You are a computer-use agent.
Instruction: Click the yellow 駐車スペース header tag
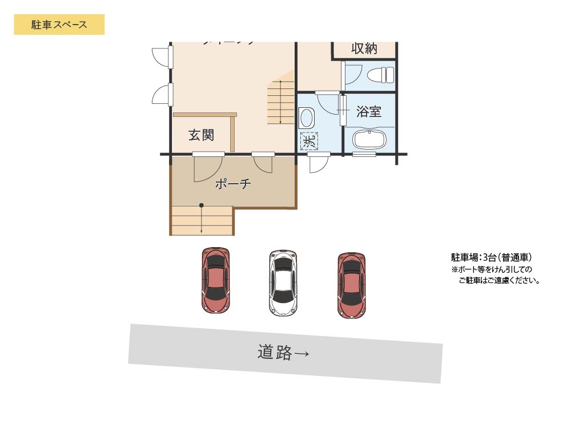click(x=59, y=25)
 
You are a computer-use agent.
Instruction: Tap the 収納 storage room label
click(x=364, y=49)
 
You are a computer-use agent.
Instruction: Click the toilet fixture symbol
click(x=380, y=75)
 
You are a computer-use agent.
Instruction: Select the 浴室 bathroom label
click(x=369, y=111)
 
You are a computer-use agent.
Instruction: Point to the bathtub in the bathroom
click(x=369, y=139)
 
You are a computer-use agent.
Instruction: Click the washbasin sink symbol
click(x=307, y=118)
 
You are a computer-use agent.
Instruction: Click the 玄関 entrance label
click(x=201, y=135)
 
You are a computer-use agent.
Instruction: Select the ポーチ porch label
click(x=233, y=184)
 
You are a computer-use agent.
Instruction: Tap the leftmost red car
click(x=216, y=280)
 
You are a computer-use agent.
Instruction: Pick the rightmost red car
click(x=351, y=285)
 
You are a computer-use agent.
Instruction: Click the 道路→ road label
click(x=283, y=353)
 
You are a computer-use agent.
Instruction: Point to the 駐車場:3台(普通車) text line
click(x=492, y=257)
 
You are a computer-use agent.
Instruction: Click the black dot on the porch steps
click(x=202, y=205)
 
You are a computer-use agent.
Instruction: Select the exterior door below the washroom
click(x=317, y=163)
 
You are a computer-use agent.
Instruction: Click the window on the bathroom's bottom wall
click(x=364, y=154)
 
